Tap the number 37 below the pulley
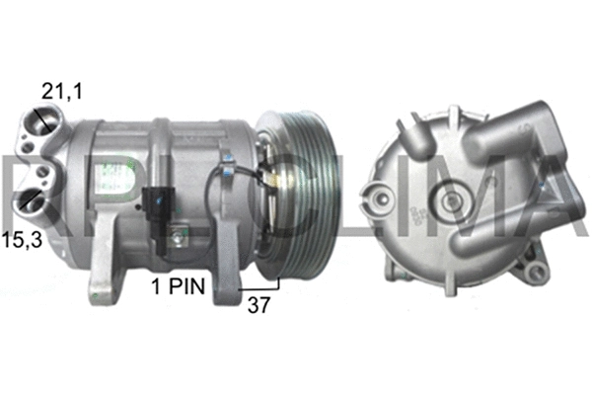[259, 306]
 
